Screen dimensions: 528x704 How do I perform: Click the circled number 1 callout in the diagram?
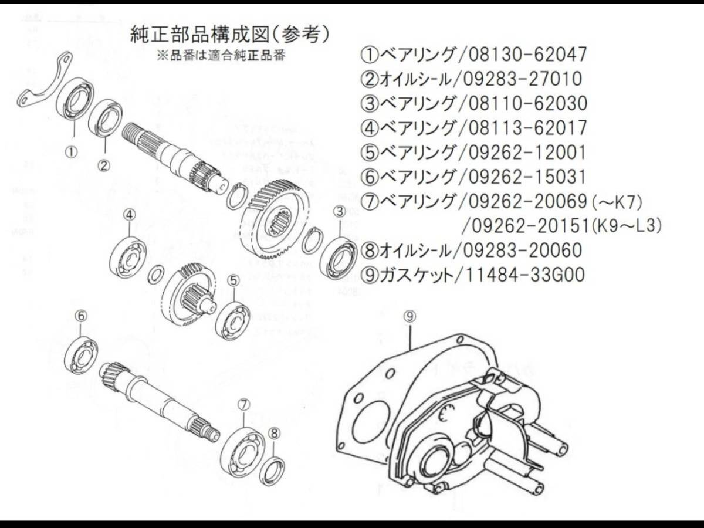pos(71,152)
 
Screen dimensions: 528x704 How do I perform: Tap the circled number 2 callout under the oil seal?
pos(104,165)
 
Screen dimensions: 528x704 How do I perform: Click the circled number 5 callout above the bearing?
pos(233,280)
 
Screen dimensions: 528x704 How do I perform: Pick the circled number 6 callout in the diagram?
pos(81,316)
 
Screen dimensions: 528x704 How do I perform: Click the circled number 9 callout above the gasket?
pos(409,316)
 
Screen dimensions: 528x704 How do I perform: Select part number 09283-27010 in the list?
pos(522,79)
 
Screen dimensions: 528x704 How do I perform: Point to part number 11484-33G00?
pos(524,275)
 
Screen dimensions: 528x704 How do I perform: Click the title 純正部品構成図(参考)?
pos(229,35)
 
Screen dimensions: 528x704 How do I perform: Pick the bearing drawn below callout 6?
pos(82,355)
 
